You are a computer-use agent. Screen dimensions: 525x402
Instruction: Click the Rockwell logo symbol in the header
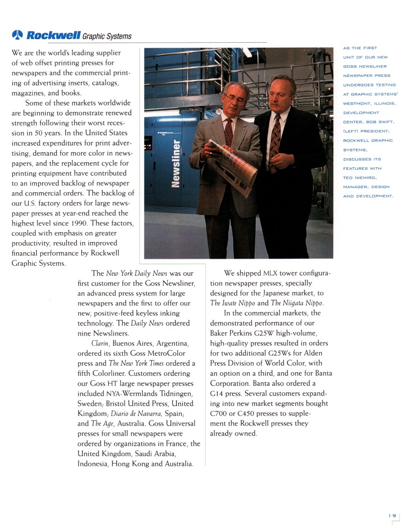[17, 35]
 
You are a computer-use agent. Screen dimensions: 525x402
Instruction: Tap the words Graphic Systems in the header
[107, 36]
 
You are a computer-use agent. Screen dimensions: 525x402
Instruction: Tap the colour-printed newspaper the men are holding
[234, 166]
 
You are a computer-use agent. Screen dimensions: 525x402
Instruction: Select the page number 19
[392, 515]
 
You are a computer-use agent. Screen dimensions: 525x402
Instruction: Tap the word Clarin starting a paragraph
[100, 343]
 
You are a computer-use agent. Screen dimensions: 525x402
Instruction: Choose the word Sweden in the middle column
[92, 403]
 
